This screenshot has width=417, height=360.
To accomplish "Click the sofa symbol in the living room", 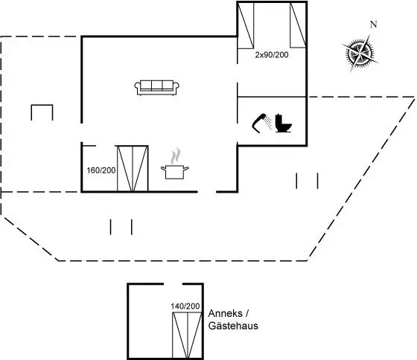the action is (156, 87).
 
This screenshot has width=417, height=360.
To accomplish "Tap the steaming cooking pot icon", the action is (175, 164).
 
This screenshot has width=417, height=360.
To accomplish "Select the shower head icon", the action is (262, 123).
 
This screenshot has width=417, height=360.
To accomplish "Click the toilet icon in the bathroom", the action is (283, 123).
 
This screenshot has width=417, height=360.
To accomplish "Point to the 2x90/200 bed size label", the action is (272, 55).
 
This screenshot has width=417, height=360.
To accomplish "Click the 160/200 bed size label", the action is (101, 170).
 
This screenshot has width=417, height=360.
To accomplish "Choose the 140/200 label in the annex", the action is (185, 306).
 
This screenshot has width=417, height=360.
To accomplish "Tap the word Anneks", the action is (225, 313).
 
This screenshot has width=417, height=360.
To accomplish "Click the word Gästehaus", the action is (233, 326).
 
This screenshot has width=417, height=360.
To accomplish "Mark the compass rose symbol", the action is (360, 53).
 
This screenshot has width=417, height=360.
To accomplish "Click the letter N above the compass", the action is (374, 25).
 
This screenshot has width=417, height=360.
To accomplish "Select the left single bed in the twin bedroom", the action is (246, 26).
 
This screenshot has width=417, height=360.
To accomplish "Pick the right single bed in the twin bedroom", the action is (298, 25).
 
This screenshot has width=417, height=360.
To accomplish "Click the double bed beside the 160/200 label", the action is (133, 168).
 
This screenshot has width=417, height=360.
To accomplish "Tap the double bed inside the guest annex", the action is (188, 335).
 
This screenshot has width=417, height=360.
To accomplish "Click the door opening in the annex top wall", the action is (173, 284).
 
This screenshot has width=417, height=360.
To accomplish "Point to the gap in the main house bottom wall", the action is (207, 192).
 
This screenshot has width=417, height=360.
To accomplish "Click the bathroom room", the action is (272, 121).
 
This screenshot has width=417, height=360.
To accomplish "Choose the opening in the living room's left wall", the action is (82, 133).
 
